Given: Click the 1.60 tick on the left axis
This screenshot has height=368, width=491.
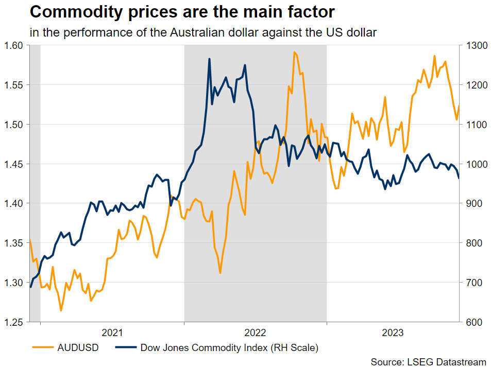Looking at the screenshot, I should (15, 45).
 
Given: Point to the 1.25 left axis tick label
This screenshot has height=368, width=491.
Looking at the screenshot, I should (15, 322).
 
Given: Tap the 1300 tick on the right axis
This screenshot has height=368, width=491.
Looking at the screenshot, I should (473, 45).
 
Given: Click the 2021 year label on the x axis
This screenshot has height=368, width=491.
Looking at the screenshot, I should (112, 332).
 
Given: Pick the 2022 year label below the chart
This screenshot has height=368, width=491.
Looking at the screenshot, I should (256, 332).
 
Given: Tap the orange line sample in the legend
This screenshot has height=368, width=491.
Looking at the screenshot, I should (44, 348).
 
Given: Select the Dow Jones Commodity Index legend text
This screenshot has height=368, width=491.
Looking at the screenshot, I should (229, 348).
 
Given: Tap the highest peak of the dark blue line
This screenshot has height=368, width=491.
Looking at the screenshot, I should (210, 59).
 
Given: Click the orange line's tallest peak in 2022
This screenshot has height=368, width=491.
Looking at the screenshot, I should (294, 52).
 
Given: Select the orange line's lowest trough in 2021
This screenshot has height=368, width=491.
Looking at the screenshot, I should (61, 311).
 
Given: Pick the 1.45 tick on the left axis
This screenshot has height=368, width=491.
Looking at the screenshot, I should (15, 164).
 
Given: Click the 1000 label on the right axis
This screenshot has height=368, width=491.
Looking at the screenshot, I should (473, 164).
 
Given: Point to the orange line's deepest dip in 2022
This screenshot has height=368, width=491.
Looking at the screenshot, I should (220, 273).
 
